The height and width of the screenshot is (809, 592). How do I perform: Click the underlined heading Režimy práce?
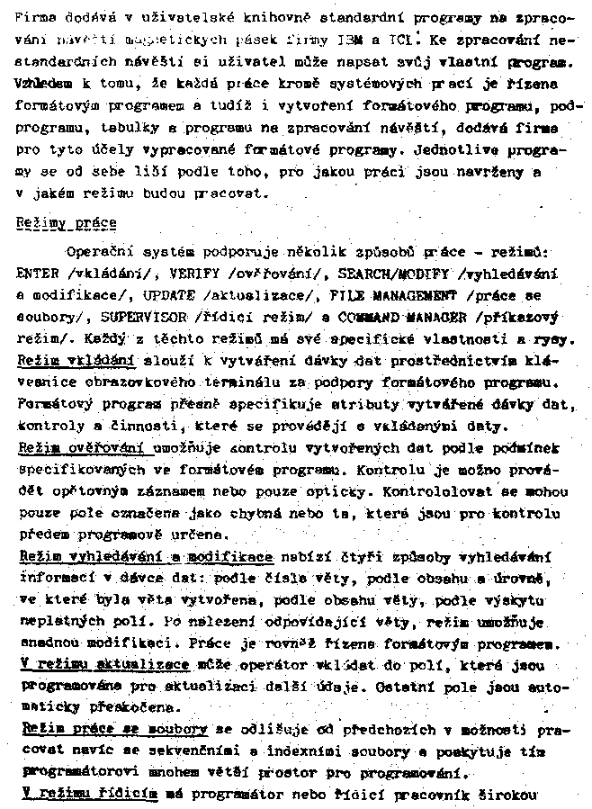pos(73,222)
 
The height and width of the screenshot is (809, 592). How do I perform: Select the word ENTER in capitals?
pos(38,273)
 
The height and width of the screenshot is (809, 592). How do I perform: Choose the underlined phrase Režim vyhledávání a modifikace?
pos(145,557)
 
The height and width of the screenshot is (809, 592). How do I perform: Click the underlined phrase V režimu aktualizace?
pos(103,665)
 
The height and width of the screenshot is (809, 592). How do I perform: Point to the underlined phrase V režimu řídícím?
pos(87,794)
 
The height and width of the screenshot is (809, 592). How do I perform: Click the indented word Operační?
pos(101,251)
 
